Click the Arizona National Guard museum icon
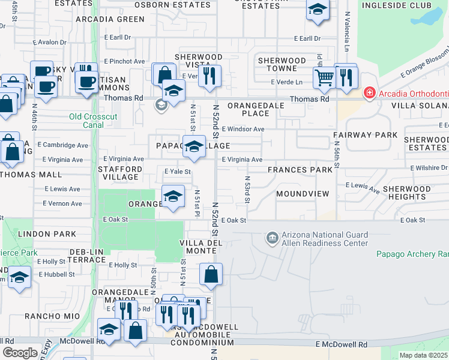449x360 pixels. tap(273, 238)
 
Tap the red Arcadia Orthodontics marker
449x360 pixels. tap(369, 92)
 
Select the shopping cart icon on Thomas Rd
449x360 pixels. tap(324, 77)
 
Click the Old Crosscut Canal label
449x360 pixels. tap(86, 121)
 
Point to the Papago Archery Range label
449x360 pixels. tap(412, 254)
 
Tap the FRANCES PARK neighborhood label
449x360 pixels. tap(300, 170)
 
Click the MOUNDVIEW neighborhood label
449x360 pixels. tap(303, 194)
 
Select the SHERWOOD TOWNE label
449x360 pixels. tap(282, 65)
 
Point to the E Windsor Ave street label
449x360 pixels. tap(243, 129)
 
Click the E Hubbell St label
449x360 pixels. tap(55, 274)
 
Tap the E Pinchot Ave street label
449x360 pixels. tap(124, 61)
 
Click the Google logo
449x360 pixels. tap(20, 353)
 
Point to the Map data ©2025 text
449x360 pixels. tap(423, 355)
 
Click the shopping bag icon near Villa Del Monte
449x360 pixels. tap(211, 274)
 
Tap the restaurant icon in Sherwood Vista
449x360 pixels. tap(209, 76)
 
